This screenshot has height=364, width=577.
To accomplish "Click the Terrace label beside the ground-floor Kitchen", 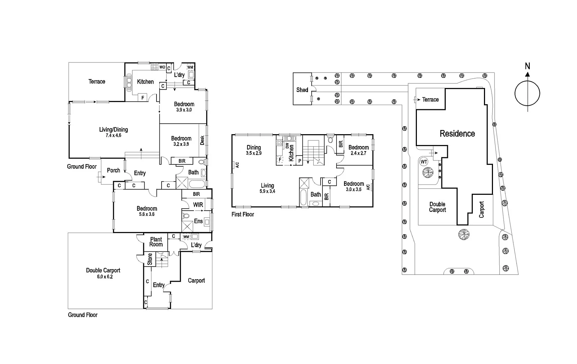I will [97, 82].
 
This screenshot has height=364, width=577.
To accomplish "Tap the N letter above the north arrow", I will [527, 66].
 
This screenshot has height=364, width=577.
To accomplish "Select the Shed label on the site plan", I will [302, 90].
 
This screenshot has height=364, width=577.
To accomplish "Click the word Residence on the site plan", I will [457, 133].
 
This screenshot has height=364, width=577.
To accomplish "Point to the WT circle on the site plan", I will [424, 162].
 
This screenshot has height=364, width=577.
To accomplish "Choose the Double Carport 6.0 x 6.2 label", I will [103, 273].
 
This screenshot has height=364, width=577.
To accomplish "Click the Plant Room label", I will [156, 242].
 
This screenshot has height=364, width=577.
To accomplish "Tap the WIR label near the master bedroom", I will [198, 205].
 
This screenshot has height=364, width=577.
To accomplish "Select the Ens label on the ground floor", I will [198, 221].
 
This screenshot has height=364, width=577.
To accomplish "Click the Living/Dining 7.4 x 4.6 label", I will [113, 132].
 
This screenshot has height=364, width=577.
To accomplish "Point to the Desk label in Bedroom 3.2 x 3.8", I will [202, 140].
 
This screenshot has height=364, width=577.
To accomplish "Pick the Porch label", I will [113, 170].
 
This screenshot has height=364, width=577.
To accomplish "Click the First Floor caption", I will [242, 214].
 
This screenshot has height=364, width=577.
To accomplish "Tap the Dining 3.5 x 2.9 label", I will [254, 150].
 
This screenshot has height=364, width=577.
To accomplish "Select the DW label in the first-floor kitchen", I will [287, 146].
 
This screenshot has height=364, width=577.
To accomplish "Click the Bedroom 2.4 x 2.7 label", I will [358, 150].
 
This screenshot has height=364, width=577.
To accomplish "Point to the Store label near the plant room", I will [150, 259].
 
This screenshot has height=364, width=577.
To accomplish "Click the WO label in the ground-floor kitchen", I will [162, 67].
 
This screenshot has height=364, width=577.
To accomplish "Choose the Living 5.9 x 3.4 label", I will [267, 188].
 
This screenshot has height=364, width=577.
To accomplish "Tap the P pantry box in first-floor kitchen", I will [299, 161].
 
